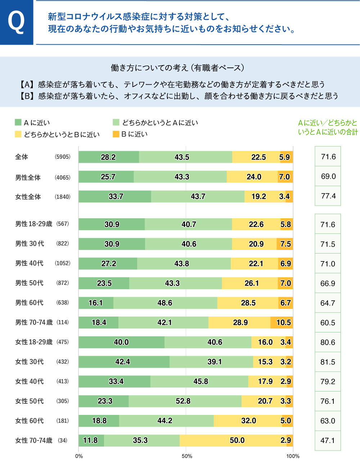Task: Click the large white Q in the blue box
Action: click(16, 22)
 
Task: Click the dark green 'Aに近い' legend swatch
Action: click(18, 122)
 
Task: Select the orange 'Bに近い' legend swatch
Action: click(116, 134)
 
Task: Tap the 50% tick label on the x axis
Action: click(186, 456)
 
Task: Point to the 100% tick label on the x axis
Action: click(293, 456)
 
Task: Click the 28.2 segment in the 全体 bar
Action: click(108, 157)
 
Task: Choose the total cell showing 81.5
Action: click(328, 362)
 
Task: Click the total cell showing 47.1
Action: click(328, 440)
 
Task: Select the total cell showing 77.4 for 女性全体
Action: click(328, 196)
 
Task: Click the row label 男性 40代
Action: click(29, 263)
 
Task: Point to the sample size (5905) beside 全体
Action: click(63, 157)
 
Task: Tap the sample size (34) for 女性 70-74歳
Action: click(63, 440)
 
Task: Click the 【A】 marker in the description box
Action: click(27, 85)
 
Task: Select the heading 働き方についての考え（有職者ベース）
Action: click(178, 68)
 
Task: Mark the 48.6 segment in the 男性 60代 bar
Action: click(165, 303)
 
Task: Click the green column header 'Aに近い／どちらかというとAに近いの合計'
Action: click(328, 127)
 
